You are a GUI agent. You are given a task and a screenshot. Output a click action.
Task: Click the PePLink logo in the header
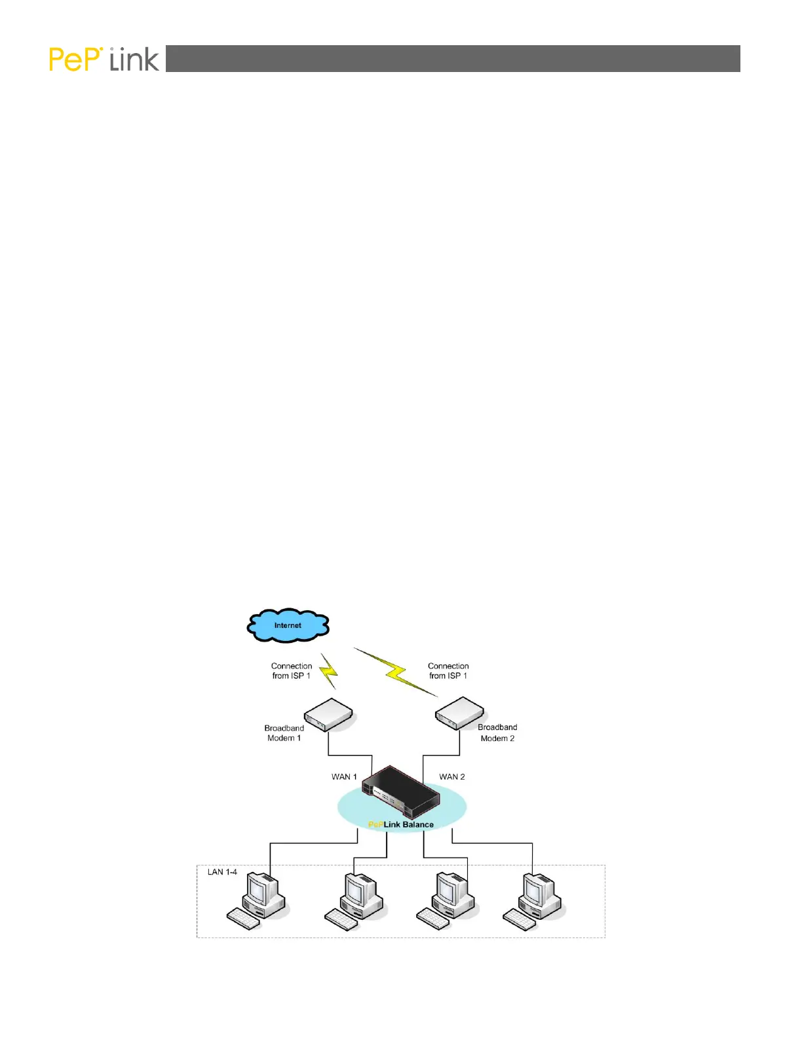coord(104,60)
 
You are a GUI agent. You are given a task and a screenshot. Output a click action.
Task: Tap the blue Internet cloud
coord(288,625)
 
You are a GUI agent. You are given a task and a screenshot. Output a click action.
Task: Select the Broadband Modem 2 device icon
coord(460,713)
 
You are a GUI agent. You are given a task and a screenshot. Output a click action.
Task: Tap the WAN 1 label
coord(344,777)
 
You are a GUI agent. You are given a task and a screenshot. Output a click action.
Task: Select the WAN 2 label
coord(452,777)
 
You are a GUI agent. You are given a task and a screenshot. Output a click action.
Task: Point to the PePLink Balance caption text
coord(401,825)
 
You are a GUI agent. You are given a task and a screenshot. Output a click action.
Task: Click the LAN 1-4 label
coord(222,872)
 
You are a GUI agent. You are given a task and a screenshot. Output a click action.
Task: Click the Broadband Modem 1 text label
coord(284,733)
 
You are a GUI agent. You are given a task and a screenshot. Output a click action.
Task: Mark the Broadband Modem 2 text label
coord(497,733)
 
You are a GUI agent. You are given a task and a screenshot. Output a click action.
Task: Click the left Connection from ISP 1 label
coord(292,671)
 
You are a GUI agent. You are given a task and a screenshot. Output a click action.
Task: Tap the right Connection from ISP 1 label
coord(448,671)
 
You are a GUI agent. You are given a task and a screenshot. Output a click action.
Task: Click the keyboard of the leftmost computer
coord(243,919)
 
